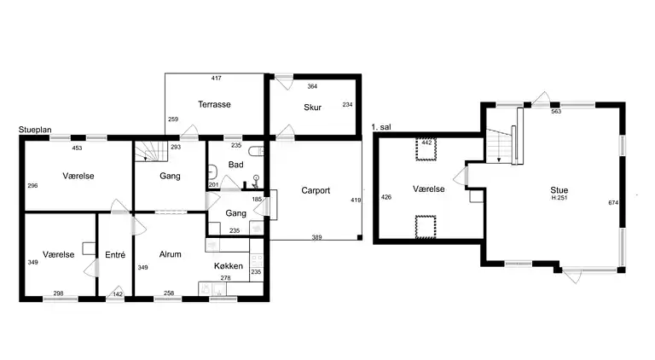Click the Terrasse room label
coord(214,104)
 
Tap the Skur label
coord(312,107)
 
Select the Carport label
coord(316,190)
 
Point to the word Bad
coord(235,165)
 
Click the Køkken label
coord(229,266)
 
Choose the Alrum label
coord(171,254)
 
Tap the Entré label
coord(115,255)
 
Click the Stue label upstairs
coord(559,190)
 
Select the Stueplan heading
coord(35,130)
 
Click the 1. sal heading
coord(381,127)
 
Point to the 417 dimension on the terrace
coord(217,78)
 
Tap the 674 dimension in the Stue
coord(613,203)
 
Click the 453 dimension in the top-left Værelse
coord(77,148)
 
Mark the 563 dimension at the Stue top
coord(556,112)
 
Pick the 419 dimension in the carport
coord(356,200)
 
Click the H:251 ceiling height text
coord(559,198)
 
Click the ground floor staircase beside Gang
coord(151,151)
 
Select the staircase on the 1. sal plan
coord(499,146)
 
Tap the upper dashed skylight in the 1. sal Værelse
coord(426,149)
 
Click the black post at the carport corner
coord(360,237)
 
